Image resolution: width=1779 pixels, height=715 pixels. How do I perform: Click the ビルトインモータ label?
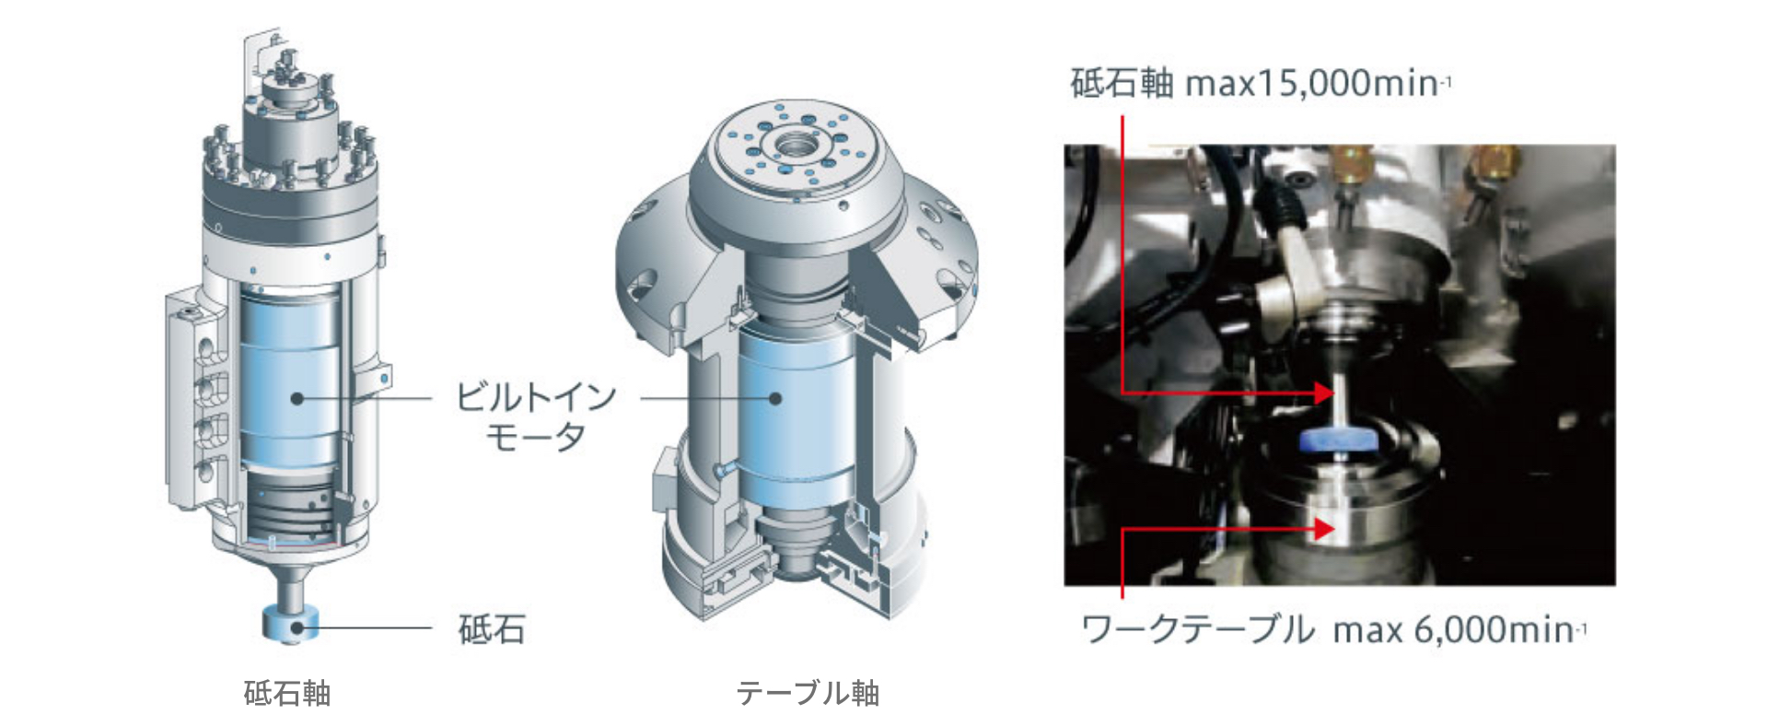[536, 416]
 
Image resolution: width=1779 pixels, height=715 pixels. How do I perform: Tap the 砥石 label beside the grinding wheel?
[492, 630]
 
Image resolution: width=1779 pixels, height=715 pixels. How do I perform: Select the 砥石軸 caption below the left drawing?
[287, 693]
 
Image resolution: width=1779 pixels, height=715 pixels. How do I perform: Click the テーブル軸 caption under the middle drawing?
[808, 693]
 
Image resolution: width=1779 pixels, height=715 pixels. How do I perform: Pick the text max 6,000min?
[1459, 630]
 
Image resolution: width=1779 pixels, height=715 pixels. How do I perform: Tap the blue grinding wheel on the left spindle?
[290, 623]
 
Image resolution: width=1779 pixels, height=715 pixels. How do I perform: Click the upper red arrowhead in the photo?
[1324, 393]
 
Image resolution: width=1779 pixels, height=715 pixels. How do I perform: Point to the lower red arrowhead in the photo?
[1324, 529]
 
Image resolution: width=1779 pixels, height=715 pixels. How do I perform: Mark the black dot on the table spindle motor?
[775, 399]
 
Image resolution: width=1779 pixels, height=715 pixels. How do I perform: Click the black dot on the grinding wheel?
[296, 628]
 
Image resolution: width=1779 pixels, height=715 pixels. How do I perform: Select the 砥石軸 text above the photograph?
[1122, 84]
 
